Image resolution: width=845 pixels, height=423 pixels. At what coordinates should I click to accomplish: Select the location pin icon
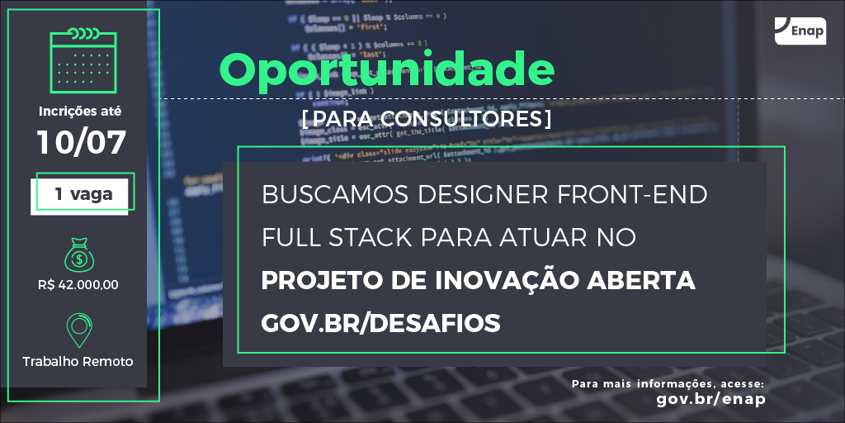tap(78, 329)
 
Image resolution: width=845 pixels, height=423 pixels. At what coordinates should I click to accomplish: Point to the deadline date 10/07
tap(81, 142)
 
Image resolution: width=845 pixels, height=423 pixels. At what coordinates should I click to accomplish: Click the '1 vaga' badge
tap(83, 195)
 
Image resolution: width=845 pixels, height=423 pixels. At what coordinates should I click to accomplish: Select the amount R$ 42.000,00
tap(78, 285)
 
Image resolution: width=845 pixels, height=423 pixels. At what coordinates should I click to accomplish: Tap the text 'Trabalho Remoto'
tap(78, 361)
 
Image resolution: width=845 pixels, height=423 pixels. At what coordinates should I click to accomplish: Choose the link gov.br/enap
tap(710, 399)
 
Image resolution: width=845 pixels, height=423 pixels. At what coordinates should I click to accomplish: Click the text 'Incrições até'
tap(80, 111)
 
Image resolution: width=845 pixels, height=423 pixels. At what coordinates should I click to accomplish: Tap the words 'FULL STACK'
tap(336, 238)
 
